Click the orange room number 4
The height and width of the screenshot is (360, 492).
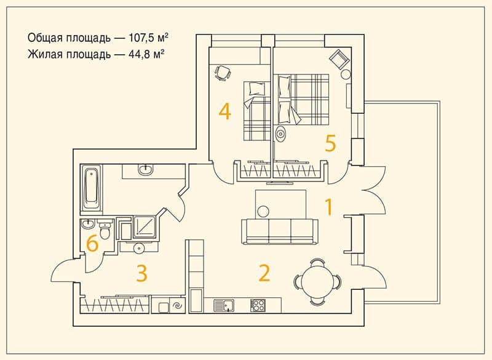(225, 112)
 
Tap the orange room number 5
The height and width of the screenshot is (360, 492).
(330, 143)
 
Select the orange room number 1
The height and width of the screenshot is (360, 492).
(328, 207)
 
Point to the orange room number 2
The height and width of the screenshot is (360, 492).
(264, 273)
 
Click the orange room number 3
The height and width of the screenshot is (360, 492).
(142, 273)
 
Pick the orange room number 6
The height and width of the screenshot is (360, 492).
(92, 244)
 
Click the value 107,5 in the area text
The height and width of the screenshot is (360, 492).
(141, 38)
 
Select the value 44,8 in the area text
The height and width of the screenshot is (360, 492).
(140, 54)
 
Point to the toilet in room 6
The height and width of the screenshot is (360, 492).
(105, 230)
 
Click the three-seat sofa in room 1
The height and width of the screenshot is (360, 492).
(280, 231)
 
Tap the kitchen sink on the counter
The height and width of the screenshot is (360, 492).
(224, 305)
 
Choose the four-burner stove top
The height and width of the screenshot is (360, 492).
(258, 305)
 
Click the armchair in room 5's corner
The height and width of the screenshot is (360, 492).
(339, 58)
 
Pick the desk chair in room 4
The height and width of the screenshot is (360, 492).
(223, 73)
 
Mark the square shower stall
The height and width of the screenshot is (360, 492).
(145, 226)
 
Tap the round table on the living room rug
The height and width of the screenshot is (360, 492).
(263, 211)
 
